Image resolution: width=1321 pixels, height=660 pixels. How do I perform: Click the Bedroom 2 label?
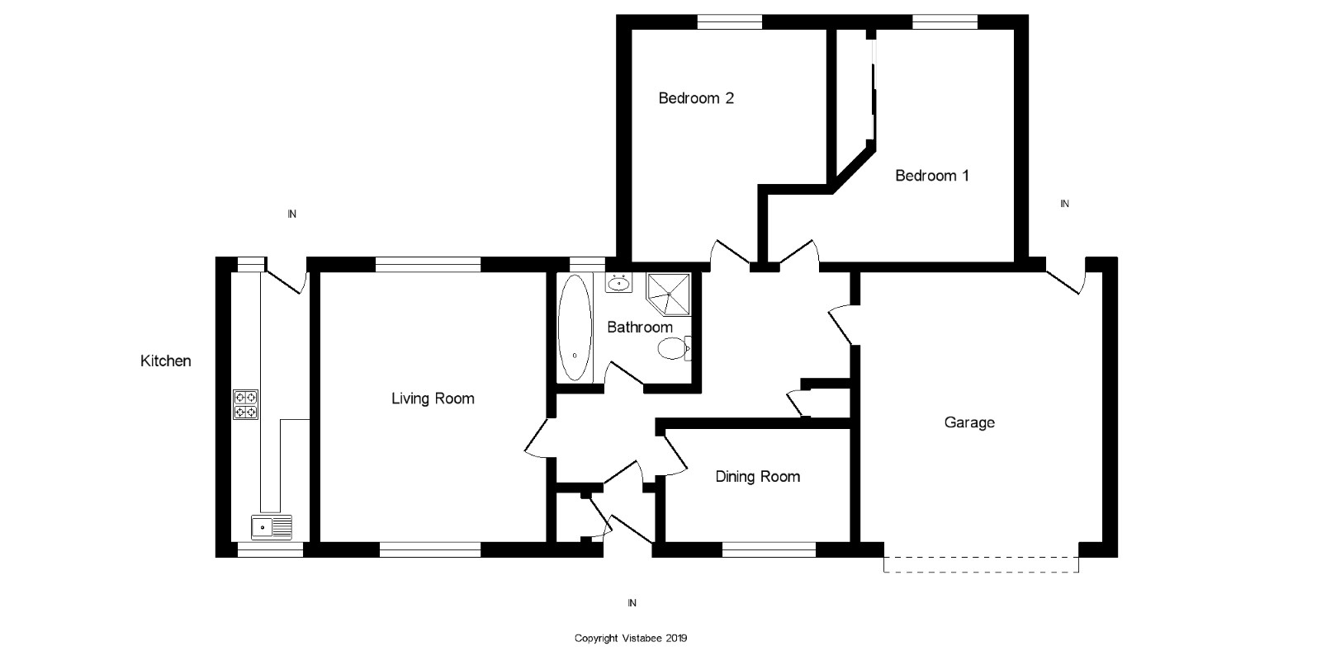pos(696,98)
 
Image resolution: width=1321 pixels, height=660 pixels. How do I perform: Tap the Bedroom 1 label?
pos(932,176)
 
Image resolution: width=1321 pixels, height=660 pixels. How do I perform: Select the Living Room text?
pos(433,399)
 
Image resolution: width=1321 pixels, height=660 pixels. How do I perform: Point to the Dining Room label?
pos(758,477)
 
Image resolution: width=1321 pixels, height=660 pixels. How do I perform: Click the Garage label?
pos(969,422)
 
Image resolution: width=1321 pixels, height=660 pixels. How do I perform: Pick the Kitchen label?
pos(166,361)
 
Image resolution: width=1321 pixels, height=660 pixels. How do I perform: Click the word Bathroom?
pos(640,327)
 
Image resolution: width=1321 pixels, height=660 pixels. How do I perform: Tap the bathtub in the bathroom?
pos(575,327)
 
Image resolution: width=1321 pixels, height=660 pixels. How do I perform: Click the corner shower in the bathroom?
pos(668,294)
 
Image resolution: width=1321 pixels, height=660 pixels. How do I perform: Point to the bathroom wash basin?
pos(618,284)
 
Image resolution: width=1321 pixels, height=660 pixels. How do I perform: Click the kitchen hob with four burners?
pos(245,404)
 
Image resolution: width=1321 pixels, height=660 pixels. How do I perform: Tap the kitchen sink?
pos(272,527)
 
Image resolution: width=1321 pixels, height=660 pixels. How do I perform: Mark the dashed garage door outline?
pos(982,564)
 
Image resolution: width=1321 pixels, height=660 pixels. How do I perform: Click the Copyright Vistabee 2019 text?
pos(631,639)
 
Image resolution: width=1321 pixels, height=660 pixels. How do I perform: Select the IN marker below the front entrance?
pos(632,603)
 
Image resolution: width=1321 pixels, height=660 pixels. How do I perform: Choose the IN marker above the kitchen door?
pos(291,214)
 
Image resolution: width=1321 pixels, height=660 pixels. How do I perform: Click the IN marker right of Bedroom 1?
pos(1064,204)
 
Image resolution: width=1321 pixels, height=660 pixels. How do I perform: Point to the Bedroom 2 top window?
pos(730,21)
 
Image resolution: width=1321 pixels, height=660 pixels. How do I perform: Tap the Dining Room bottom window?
pos(769,549)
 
